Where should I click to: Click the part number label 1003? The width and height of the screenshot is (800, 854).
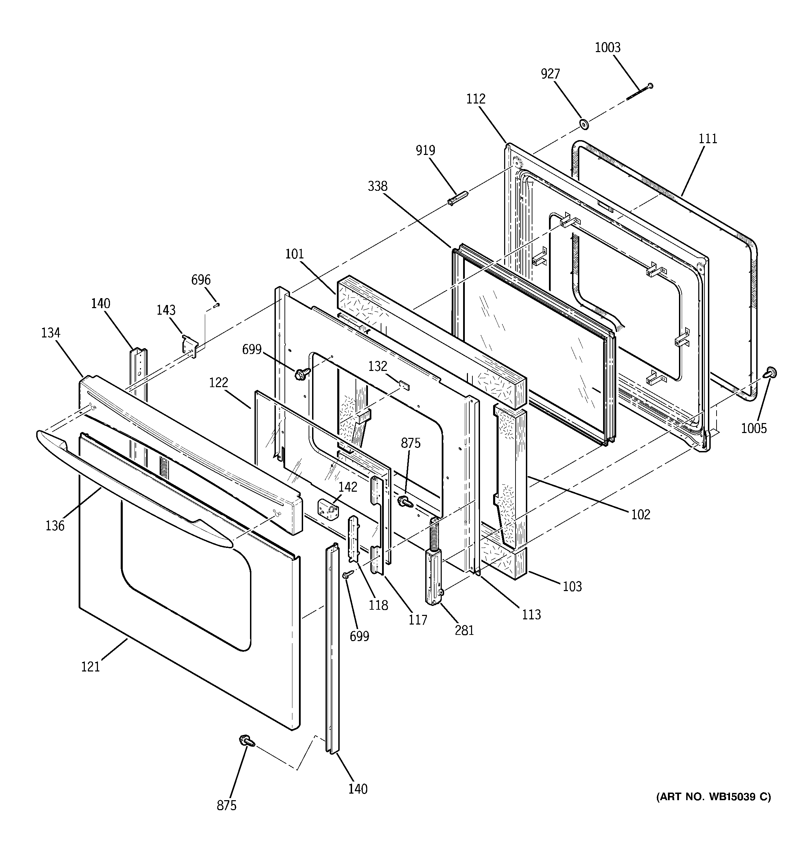click(x=607, y=48)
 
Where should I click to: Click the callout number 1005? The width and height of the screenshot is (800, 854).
click(x=754, y=428)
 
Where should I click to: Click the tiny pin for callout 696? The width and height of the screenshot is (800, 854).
click(x=217, y=305)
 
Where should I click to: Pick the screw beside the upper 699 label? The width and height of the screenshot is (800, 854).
click(x=302, y=373)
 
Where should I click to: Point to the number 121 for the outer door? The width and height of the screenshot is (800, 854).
click(x=90, y=667)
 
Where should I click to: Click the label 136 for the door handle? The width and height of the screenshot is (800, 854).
click(x=55, y=526)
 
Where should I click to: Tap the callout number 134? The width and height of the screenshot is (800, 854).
click(x=51, y=333)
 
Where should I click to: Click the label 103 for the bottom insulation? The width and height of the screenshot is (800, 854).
click(x=572, y=586)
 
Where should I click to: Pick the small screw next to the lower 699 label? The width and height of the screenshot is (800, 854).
click(x=347, y=575)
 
